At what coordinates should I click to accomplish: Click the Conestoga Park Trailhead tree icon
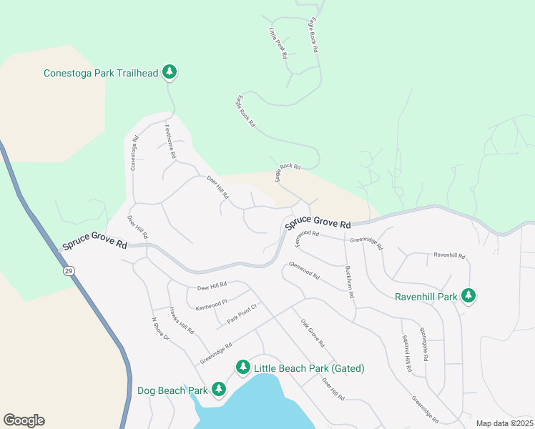(170, 71)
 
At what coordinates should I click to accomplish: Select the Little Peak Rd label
(278, 43)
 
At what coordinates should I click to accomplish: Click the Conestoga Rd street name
(133, 154)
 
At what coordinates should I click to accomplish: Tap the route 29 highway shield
(68, 271)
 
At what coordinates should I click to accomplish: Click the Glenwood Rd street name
(303, 270)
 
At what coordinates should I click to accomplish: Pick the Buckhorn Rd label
(350, 283)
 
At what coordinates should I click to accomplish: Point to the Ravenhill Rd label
(450, 255)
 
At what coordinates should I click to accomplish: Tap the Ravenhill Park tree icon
(468, 295)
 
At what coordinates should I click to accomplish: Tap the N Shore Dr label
(159, 328)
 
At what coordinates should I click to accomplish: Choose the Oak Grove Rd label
(313, 333)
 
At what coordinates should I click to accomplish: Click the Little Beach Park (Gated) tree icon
(242, 367)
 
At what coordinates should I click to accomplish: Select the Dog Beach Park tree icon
(218, 390)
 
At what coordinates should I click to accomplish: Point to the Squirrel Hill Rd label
(406, 353)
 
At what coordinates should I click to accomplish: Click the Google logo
(24, 420)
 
